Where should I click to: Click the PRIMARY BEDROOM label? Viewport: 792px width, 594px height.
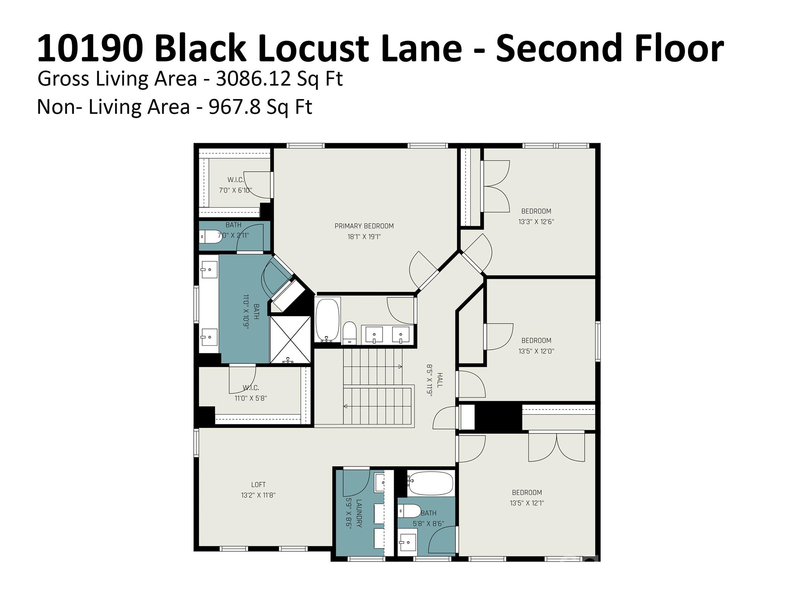coord(364,226)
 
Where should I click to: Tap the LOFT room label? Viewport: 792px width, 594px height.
coord(258,485)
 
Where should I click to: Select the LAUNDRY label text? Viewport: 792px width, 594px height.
coord(359,514)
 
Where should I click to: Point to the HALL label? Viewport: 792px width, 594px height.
coord(440,380)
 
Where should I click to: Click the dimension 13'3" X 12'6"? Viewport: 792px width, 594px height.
coord(536,222)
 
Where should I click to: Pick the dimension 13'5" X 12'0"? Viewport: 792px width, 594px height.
coord(536,352)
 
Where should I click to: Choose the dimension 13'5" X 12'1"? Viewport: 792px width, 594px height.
coord(527,503)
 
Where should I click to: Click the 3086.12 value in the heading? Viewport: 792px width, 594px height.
coord(253,79)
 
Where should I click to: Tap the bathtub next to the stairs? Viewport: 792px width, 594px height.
coord(328,320)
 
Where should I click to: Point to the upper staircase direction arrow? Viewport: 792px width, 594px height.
coord(400,367)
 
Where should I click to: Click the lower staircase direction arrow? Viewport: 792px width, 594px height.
coord(345,406)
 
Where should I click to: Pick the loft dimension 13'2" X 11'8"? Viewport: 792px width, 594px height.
coord(258,495)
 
